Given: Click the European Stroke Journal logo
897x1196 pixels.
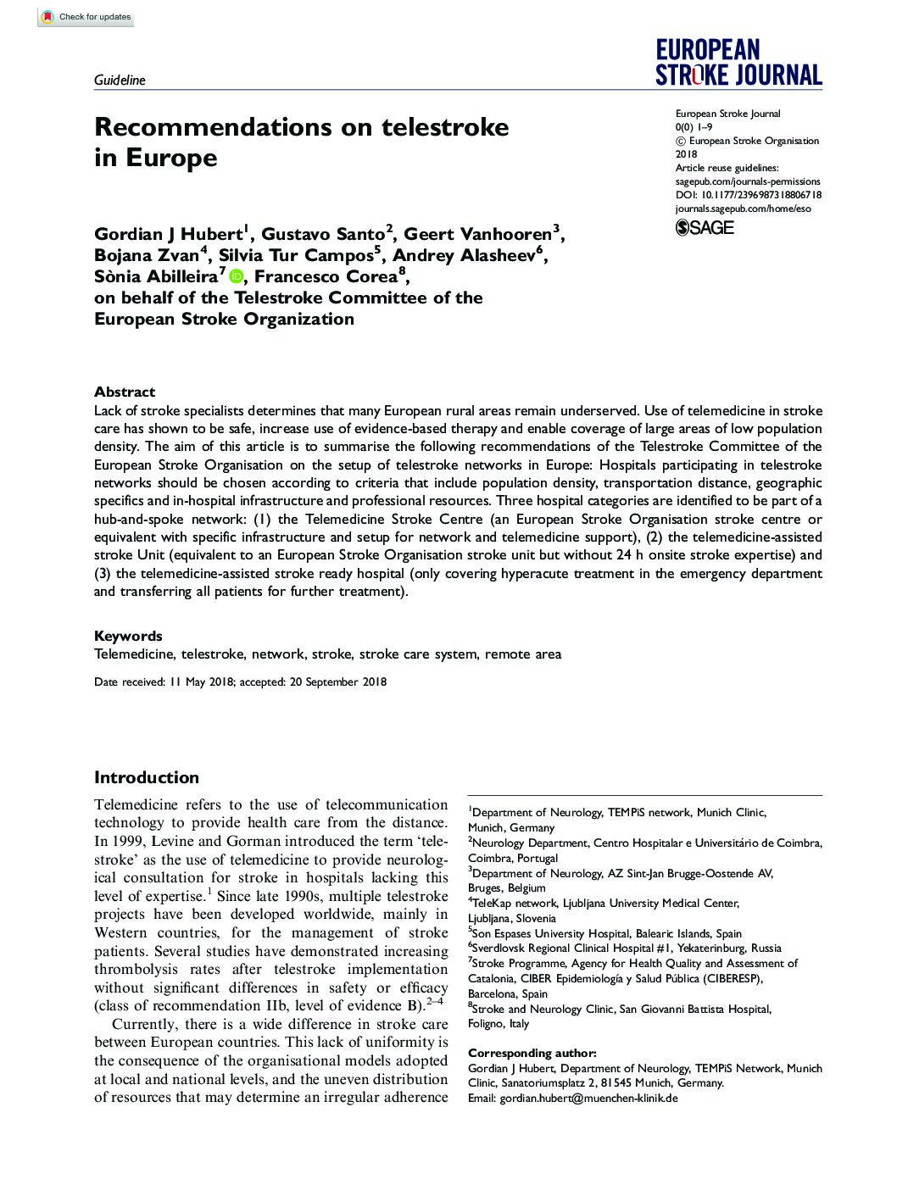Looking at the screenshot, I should (738, 62).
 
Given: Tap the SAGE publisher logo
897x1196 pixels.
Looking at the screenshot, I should (705, 227).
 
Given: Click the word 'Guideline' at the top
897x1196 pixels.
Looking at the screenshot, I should (120, 81).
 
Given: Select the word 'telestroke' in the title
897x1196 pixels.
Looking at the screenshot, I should (445, 127).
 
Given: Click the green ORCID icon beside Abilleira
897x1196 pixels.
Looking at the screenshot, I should (235, 276).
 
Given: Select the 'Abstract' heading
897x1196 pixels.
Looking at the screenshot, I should (125, 392).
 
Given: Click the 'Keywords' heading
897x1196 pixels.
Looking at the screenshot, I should (128, 636).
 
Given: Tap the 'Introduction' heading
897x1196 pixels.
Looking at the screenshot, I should (147, 777).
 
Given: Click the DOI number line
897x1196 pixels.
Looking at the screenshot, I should (748, 195).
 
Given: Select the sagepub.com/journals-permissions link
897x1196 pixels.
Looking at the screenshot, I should (748, 181).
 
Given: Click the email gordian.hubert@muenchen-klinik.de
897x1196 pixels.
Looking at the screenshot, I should (588, 1098).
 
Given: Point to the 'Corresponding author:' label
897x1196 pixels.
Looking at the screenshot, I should (532, 1053).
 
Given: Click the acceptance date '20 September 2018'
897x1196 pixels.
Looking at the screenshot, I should (337, 681).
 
